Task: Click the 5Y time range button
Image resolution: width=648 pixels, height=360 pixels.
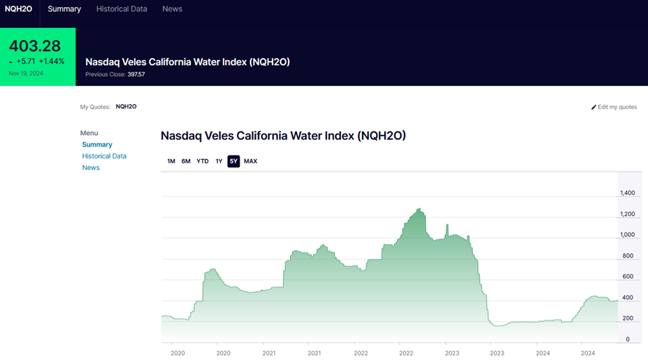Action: [233, 161]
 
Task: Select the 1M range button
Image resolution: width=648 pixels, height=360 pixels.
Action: [171, 161]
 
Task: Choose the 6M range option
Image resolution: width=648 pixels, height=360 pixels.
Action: [186, 161]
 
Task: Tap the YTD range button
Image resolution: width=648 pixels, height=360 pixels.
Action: [202, 161]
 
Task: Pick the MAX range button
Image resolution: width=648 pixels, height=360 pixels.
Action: [251, 161]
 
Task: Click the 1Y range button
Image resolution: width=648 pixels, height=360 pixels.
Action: [218, 161]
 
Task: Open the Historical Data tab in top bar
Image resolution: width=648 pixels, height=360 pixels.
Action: [122, 9]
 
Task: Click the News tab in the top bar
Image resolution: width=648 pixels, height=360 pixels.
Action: [172, 9]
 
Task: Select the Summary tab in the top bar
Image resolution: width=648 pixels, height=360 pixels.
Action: [65, 9]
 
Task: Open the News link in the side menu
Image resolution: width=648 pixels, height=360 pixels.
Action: [91, 168]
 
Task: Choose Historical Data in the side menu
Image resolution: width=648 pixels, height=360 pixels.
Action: [104, 156]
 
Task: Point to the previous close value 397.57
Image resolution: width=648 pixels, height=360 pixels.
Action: [136, 74]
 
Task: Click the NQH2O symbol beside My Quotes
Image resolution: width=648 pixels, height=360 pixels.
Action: [126, 107]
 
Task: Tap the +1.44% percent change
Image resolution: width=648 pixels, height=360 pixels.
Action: [52, 62]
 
